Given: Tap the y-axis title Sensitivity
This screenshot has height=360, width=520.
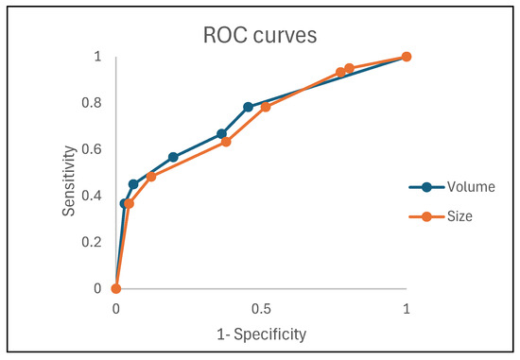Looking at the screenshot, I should (69, 174).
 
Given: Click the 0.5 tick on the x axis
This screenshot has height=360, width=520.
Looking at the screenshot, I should (261, 308).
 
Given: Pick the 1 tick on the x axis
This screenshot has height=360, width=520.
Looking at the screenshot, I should (407, 308).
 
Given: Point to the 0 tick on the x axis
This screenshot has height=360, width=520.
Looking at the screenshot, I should (115, 308).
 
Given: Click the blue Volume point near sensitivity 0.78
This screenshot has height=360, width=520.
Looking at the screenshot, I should (249, 107).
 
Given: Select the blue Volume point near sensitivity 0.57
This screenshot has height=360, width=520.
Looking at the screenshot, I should (173, 157).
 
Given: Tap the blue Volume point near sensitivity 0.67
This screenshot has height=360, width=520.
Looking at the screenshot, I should (222, 134).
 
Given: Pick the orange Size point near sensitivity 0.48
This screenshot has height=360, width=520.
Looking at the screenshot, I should (150, 177).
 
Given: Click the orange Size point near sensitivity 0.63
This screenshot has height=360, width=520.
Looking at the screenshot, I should (226, 142).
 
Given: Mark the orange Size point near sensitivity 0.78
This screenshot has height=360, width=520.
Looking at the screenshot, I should (266, 107).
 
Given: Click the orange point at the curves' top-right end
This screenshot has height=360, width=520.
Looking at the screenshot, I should (407, 57).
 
